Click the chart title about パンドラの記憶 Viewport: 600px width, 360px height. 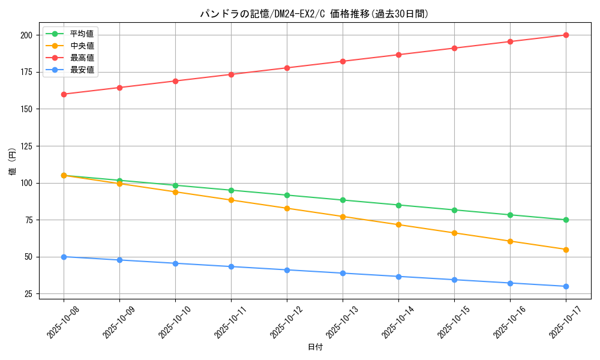pos(314,14)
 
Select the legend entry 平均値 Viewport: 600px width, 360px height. pos(82,34)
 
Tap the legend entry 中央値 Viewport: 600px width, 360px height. pos(82,46)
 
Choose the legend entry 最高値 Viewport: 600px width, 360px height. pos(82,58)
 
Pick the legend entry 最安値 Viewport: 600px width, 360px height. pos(82,70)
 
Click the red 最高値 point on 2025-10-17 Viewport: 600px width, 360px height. pos(566,35)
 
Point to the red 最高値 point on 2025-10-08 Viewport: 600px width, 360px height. pos(64,94)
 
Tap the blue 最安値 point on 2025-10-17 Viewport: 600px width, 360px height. pos(566,286)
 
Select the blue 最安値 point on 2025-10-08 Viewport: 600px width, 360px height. pos(64,257)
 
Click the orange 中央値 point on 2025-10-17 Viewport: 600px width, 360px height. pos(566,250)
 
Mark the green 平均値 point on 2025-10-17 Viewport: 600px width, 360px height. pos(566,220)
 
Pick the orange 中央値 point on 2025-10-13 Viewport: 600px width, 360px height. pos(343,217)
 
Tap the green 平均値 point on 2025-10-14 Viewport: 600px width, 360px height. pos(398,205)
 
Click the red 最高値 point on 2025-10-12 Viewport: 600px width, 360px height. pos(287,68)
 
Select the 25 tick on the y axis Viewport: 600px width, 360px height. pos(27,294)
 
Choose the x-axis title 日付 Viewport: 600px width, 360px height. pos(314,347)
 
